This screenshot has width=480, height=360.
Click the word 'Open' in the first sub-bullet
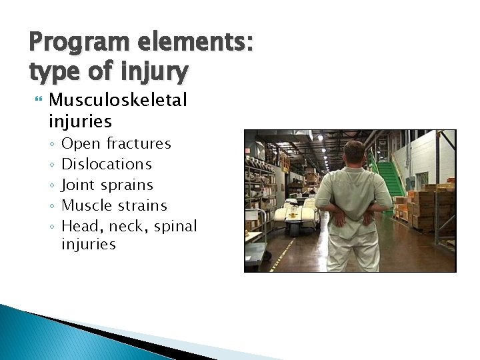pos(81,143)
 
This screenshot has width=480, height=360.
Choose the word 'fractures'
pos(139,143)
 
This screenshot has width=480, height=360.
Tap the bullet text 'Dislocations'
pos(107,164)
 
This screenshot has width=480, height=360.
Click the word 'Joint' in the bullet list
pos(79,185)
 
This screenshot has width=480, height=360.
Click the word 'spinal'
pos(175,226)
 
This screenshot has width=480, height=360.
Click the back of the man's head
pos(354,154)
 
